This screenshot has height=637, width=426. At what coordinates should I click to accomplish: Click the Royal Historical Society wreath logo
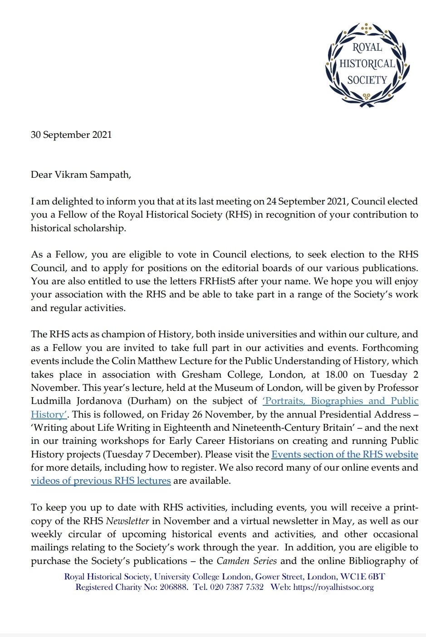[x=367, y=64]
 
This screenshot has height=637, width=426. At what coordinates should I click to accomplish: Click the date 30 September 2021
[x=71, y=135]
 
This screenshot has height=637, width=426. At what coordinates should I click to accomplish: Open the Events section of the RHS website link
[x=344, y=454]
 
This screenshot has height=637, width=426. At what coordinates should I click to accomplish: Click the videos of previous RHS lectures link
[x=101, y=481]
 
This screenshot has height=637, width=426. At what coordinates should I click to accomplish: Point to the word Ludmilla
[x=54, y=401]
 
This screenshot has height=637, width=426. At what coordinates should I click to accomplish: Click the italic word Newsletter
[x=127, y=521]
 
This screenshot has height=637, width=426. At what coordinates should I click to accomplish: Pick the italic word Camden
[x=232, y=561]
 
